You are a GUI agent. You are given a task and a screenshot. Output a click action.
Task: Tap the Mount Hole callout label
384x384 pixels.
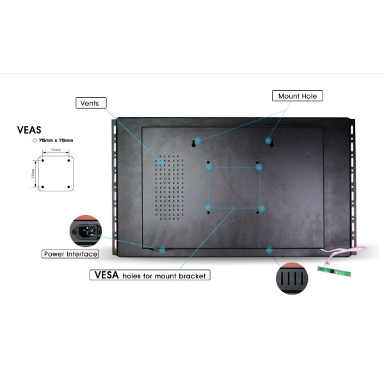tap(298, 96)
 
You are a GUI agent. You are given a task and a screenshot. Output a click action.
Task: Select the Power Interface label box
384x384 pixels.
tap(70, 254)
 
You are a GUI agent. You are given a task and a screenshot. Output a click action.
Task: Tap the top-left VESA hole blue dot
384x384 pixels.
tap(208, 167)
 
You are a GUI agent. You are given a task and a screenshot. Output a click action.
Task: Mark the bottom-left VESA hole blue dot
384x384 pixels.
tap(208, 207)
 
